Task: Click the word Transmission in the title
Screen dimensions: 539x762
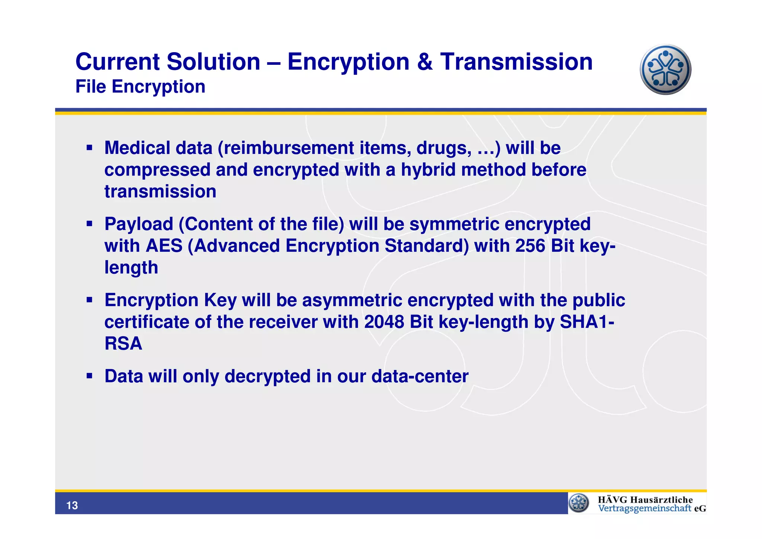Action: (x=516, y=62)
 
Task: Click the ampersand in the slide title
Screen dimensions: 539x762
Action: (x=425, y=62)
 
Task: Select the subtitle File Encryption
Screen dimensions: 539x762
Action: (x=140, y=87)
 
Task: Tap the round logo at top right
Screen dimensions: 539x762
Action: (x=665, y=70)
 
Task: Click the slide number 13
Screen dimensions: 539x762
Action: (x=72, y=505)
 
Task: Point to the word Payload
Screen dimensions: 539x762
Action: (x=139, y=224)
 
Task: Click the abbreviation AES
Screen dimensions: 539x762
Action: (x=164, y=246)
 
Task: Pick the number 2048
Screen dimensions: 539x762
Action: (x=384, y=322)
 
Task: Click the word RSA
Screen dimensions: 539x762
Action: (x=123, y=343)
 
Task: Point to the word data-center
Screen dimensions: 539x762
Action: (x=420, y=376)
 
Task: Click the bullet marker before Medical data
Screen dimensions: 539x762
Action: (x=89, y=148)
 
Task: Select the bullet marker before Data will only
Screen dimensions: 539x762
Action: (x=89, y=376)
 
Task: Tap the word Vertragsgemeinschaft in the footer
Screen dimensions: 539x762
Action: (x=644, y=508)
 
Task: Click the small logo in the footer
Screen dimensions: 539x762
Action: (x=579, y=503)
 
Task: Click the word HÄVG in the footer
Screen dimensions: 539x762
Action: (x=612, y=500)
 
